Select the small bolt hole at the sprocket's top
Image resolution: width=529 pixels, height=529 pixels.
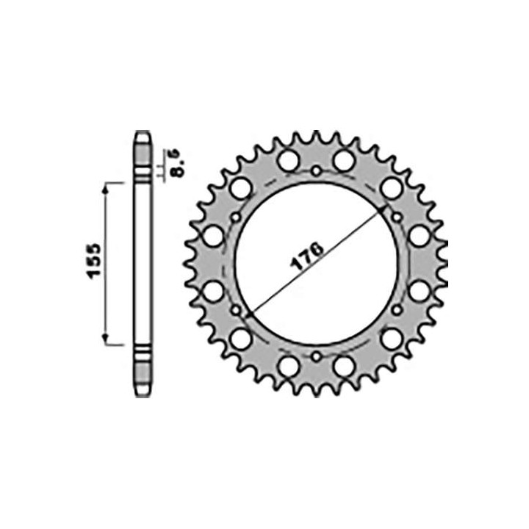pyautogui.click(x=316, y=172)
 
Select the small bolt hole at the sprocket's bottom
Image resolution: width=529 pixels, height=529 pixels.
pyautogui.click(x=316, y=357)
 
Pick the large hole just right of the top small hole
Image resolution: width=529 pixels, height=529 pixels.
pyautogui.click(x=343, y=160)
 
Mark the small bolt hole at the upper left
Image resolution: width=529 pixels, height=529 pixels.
pyautogui.click(x=236, y=217)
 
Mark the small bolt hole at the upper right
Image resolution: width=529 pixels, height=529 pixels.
pyautogui.click(x=397, y=217)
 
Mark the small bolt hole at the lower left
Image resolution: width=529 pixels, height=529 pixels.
pyautogui.click(x=236, y=311)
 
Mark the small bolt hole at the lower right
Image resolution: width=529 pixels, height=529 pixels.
pyautogui.click(x=397, y=311)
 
